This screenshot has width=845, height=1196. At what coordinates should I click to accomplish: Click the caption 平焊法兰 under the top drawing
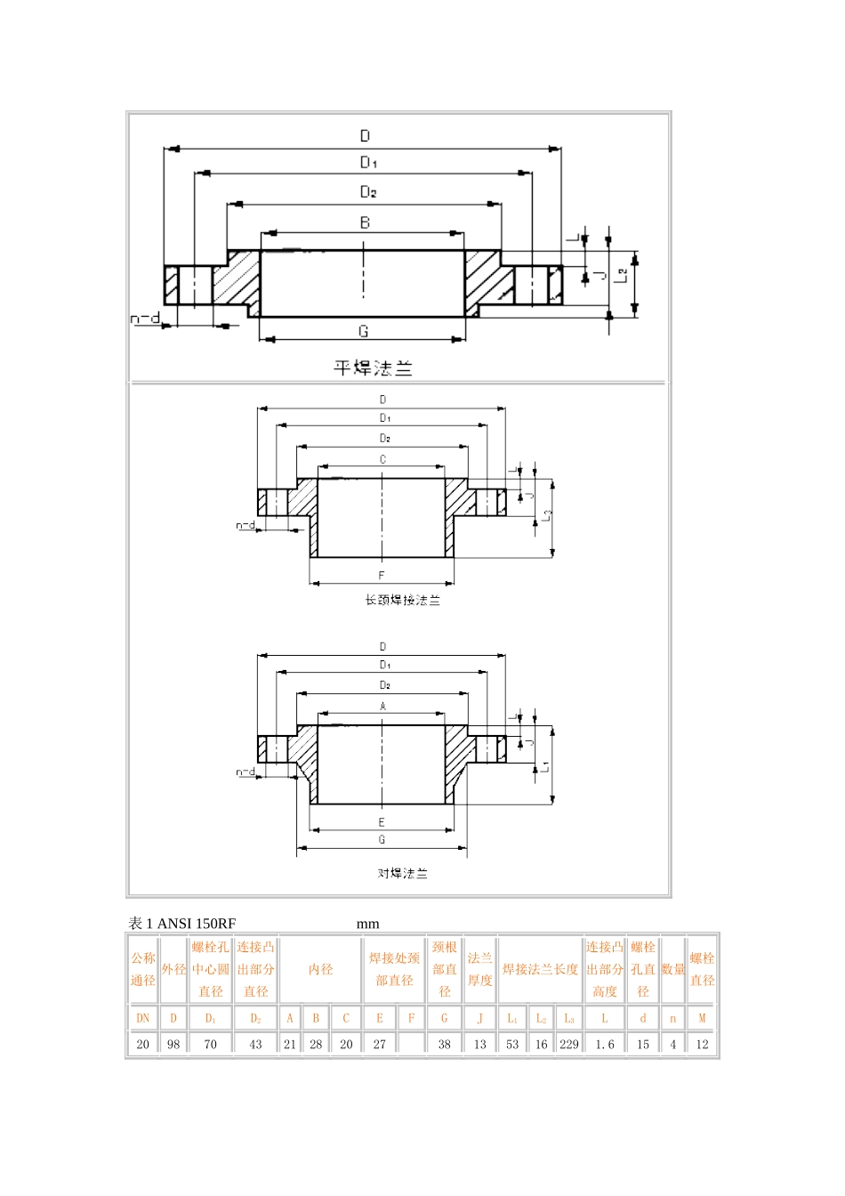click(x=373, y=368)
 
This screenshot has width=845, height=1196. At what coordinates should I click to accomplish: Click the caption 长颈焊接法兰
click(x=402, y=601)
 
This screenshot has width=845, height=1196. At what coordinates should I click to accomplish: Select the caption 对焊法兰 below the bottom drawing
click(x=402, y=874)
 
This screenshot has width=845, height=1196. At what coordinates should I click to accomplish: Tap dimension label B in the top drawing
click(x=365, y=222)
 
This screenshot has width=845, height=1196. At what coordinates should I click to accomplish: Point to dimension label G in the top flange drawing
click(x=363, y=331)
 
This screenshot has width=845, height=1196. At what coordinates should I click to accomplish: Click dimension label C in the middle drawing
click(x=382, y=460)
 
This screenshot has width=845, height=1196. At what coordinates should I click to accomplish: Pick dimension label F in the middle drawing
click(x=382, y=576)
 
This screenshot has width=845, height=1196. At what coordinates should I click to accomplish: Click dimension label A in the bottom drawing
click(x=383, y=707)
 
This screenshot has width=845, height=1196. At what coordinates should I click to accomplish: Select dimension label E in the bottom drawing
click(x=382, y=822)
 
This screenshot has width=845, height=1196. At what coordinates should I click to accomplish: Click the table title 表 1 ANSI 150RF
click(x=182, y=924)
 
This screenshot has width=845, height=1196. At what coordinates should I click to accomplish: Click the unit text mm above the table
click(x=367, y=924)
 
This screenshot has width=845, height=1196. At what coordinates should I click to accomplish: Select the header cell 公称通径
click(x=143, y=969)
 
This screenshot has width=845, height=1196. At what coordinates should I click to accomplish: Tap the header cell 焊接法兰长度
click(x=540, y=969)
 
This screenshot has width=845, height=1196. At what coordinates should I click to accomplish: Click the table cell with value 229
click(x=569, y=1044)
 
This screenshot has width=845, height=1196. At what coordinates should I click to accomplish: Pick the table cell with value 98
click(x=173, y=1044)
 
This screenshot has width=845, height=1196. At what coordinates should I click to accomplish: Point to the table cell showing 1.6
click(x=605, y=1044)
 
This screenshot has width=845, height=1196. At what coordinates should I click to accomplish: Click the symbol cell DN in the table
click(x=143, y=1018)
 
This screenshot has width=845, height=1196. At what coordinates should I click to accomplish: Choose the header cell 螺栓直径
click(x=702, y=969)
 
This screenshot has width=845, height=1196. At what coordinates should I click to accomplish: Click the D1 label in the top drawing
click(x=368, y=162)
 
